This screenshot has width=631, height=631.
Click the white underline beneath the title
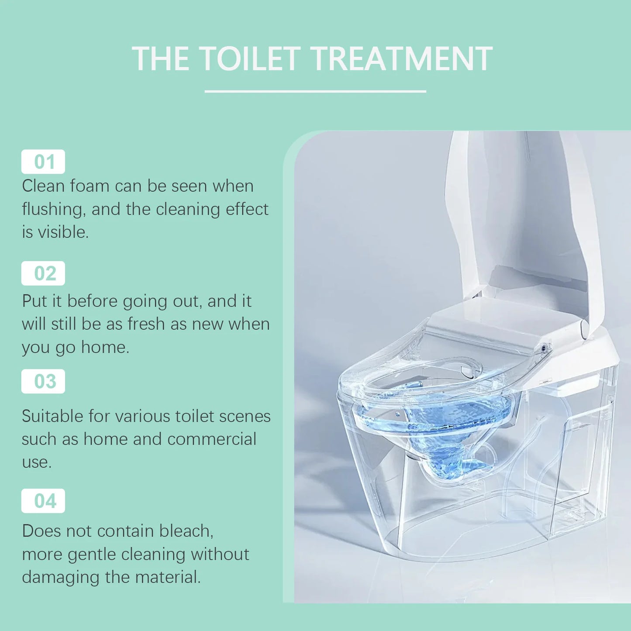(x=315, y=91)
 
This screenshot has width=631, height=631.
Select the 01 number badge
(x=43, y=162)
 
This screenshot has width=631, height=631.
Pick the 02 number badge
(x=43, y=273)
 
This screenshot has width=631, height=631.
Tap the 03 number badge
(x=43, y=381)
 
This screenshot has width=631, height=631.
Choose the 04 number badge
(x=43, y=501)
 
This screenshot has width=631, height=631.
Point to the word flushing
(x=52, y=210)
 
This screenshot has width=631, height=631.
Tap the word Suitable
(x=53, y=416)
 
